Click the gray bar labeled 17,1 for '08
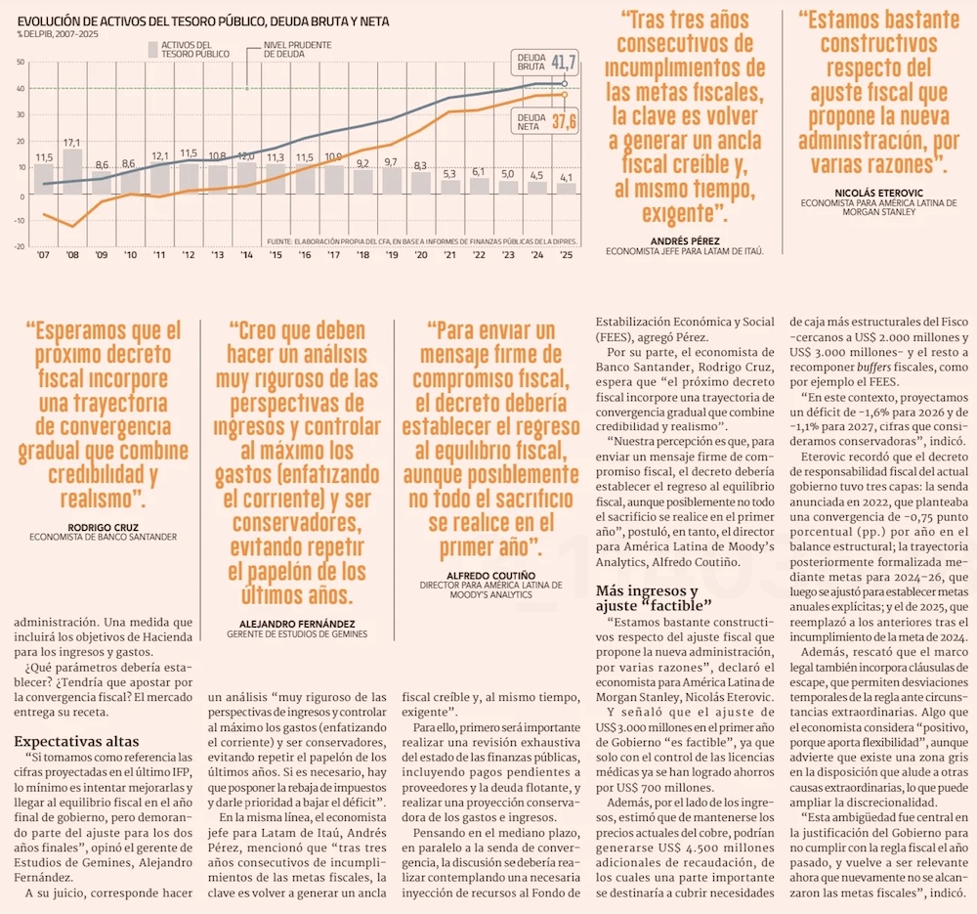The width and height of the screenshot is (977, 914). pyautogui.click(x=72, y=171)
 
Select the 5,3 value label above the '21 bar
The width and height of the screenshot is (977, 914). pyautogui.click(x=450, y=174)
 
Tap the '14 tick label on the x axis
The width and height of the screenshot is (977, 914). pyautogui.click(x=248, y=256)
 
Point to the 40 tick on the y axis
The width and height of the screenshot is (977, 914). pyautogui.click(x=21, y=89)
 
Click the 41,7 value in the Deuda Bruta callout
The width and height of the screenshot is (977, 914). pyautogui.click(x=564, y=63)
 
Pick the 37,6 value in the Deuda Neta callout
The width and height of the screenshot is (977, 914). pyautogui.click(x=564, y=121)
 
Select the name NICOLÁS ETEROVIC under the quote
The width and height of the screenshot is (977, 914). pyautogui.click(x=878, y=193)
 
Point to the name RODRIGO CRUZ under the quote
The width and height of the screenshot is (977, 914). pyautogui.click(x=103, y=526)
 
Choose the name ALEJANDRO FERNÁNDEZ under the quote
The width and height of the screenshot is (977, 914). pyautogui.click(x=297, y=623)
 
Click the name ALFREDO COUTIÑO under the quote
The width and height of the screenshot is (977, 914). pyautogui.click(x=489, y=575)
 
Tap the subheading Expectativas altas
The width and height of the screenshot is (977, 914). pyautogui.click(x=76, y=742)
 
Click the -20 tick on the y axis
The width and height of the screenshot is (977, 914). pyautogui.click(x=20, y=247)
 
